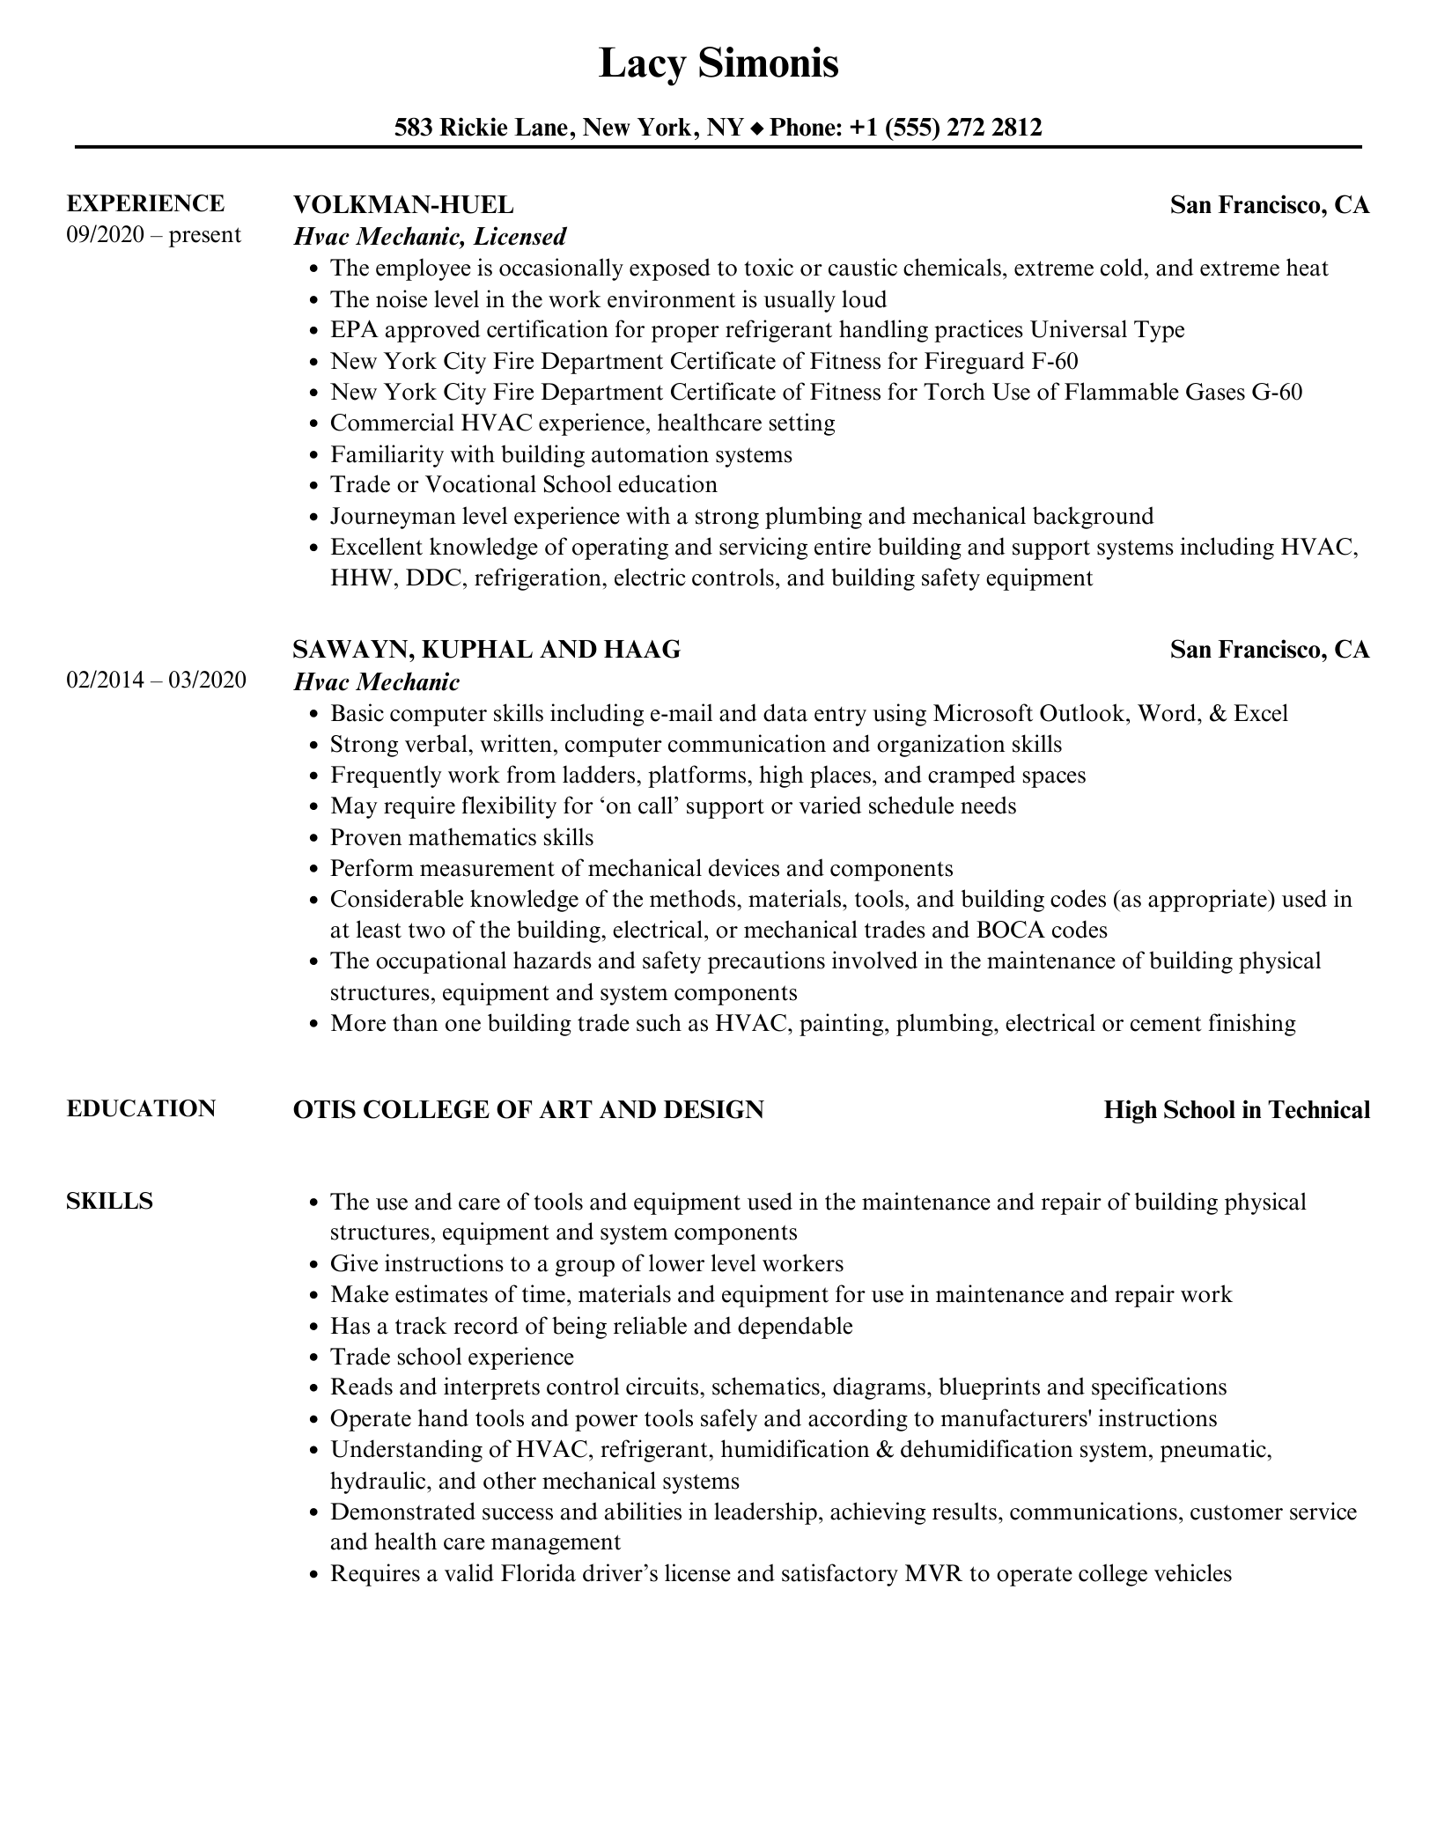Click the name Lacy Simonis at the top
(718, 63)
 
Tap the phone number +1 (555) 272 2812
(946, 128)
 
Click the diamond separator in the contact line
(757, 129)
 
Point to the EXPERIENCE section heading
(145, 203)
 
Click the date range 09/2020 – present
(153, 235)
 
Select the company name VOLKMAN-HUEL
(402, 205)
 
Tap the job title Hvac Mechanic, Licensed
(430, 236)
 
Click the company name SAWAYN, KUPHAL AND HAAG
(486, 650)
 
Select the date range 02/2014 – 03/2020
(156, 681)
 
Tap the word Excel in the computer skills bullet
(1261, 713)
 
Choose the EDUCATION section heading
(141, 1108)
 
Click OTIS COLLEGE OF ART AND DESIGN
(527, 1110)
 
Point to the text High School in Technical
(1236, 1110)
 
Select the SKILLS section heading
(109, 1201)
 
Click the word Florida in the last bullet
(544, 1574)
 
